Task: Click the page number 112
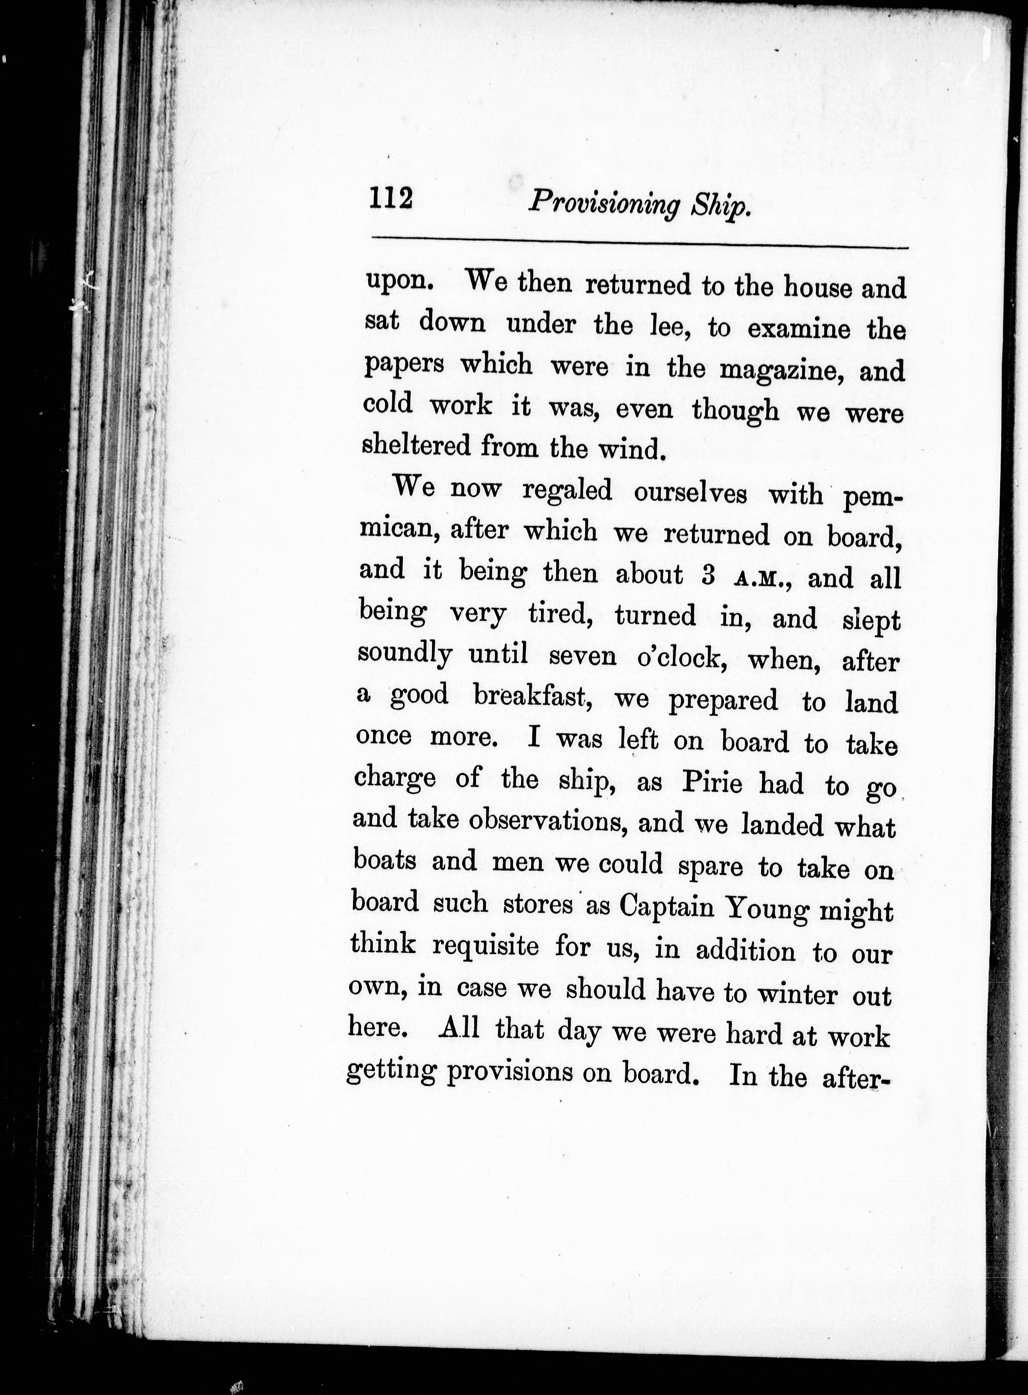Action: pyautogui.click(x=391, y=200)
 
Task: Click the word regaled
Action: pyautogui.click(x=567, y=491)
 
